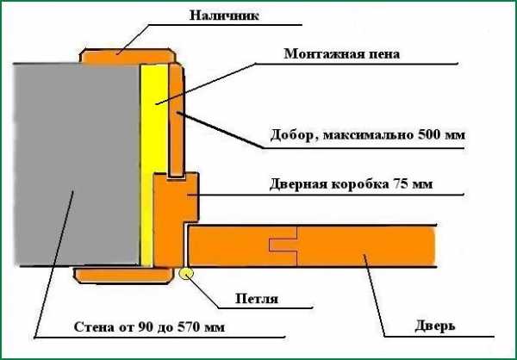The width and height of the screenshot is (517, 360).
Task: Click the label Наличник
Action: click(224, 16)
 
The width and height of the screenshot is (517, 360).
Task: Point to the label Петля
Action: click(257, 299)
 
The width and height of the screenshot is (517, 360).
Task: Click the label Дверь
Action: click(434, 326)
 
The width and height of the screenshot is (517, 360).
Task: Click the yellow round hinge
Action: click(186, 273)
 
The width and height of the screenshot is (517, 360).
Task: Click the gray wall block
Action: click(77, 164)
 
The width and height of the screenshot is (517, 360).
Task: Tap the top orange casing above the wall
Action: click(128, 57)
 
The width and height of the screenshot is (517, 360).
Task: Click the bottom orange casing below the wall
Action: click(123, 275)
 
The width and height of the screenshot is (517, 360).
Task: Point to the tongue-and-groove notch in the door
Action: click(283, 245)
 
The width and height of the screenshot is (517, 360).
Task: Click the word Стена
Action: click(94, 327)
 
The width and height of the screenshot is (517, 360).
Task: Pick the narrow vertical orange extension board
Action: click(176, 121)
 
